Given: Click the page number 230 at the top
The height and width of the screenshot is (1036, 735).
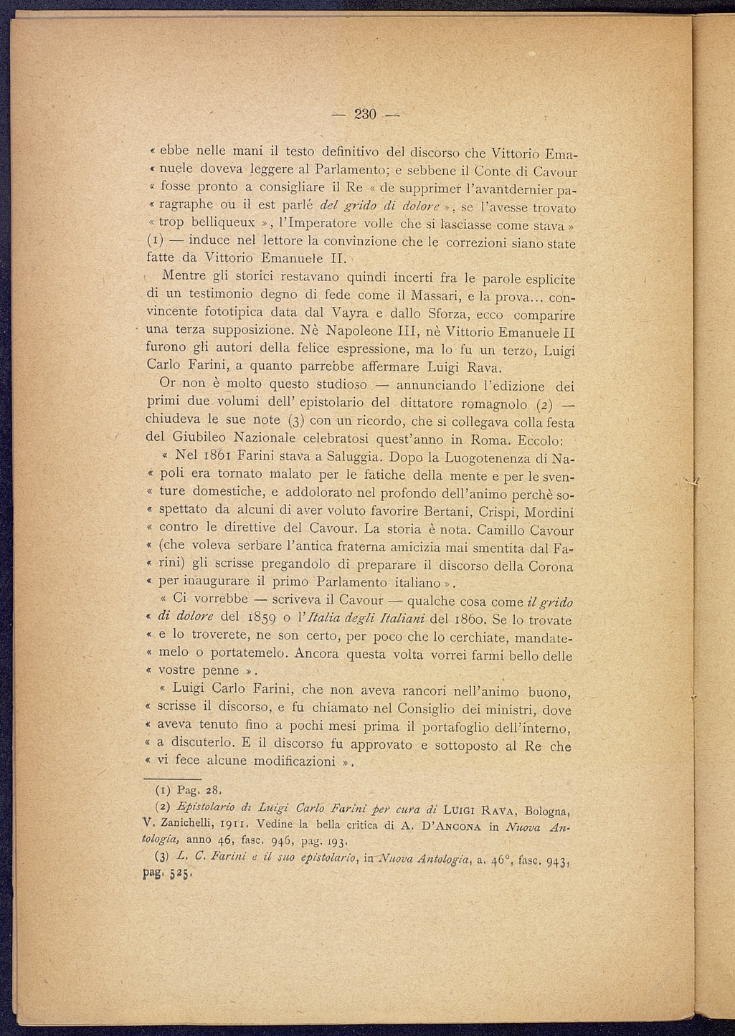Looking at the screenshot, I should pos(366,115).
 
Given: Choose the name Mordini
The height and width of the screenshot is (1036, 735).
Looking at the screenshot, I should pos(549,513).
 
